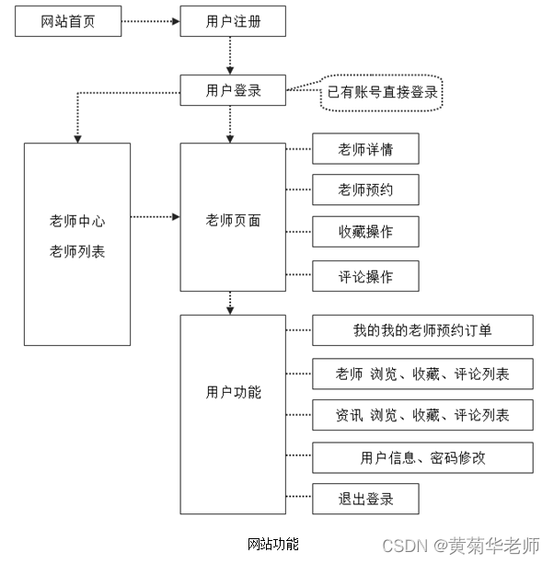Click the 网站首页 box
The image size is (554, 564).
click(68, 21)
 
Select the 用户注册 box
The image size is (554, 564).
click(233, 21)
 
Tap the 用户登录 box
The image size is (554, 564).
click(233, 90)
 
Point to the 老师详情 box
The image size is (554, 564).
click(365, 149)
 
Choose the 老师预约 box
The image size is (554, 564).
click(365, 190)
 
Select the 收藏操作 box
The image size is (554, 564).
click(365, 231)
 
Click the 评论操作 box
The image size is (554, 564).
click(365, 276)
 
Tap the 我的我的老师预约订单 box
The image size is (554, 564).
click(422, 329)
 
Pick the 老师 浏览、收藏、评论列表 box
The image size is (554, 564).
click(422, 374)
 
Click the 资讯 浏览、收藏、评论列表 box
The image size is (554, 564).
click(422, 415)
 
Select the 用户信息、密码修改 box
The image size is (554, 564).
click(422, 457)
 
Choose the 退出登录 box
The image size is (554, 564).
click(365, 499)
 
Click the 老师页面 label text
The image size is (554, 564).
click(233, 221)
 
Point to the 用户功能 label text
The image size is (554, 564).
click(233, 393)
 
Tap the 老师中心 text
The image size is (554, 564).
click(77, 222)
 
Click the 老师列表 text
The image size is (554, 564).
click(77, 250)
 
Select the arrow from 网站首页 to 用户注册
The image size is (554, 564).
click(150, 21)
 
